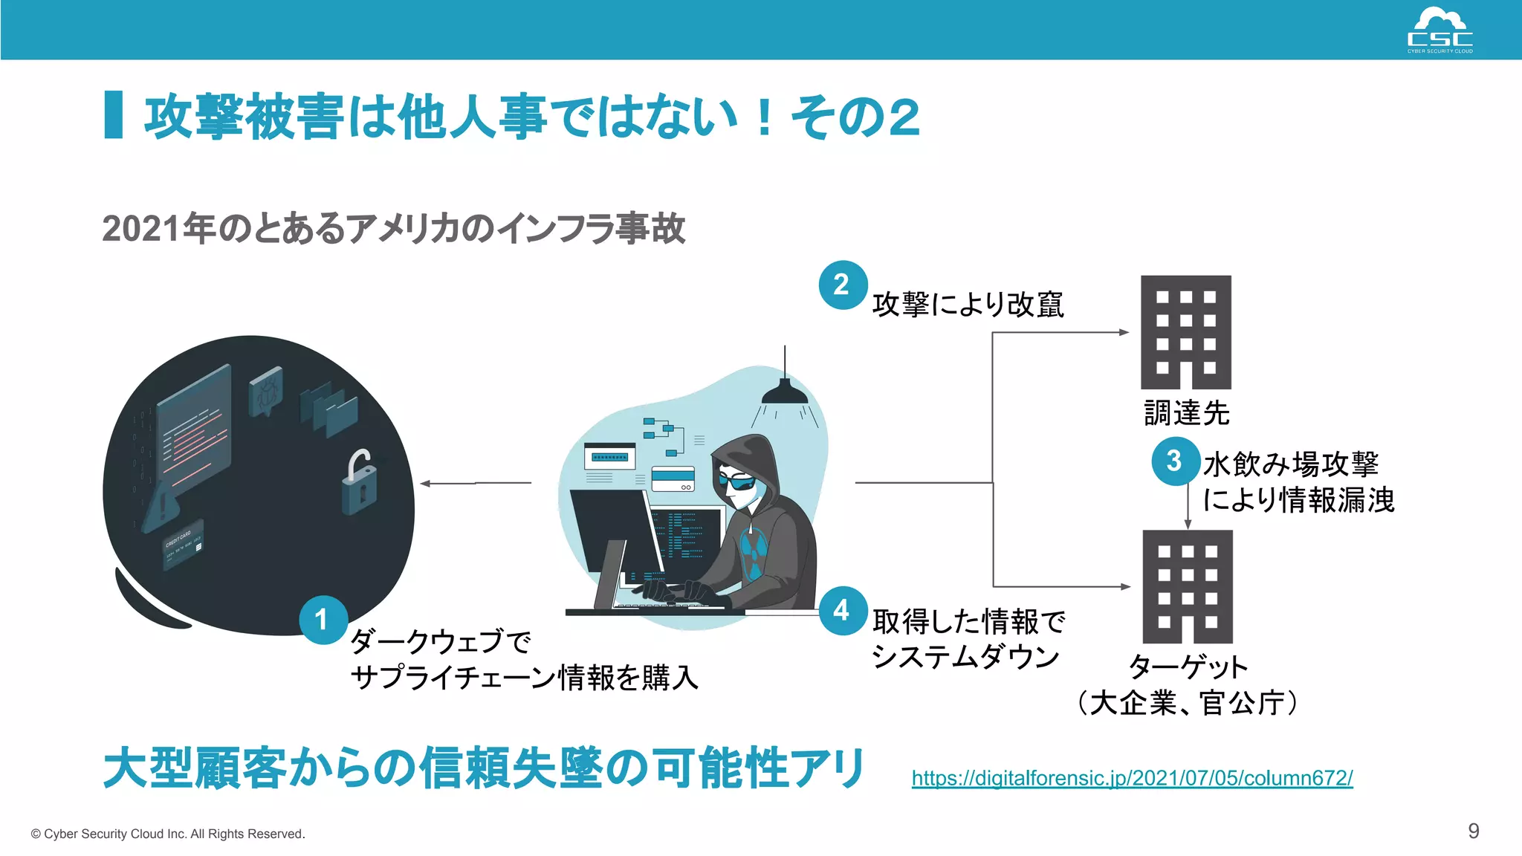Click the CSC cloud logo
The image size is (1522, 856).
point(1440,30)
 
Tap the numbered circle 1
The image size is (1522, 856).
point(323,619)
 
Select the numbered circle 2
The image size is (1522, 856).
point(843,285)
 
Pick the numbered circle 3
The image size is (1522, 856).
point(1175,461)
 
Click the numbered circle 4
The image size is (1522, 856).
point(843,610)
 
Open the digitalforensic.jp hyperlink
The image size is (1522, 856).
point(1132,778)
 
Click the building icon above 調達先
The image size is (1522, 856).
point(1185,332)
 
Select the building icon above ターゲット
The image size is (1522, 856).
point(1187,586)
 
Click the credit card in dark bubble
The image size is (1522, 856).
point(182,544)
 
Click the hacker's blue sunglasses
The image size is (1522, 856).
point(736,482)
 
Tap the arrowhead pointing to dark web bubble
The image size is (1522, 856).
point(425,483)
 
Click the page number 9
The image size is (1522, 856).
point(1473,831)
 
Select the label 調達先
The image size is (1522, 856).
point(1186,413)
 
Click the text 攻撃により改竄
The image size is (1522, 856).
point(968,305)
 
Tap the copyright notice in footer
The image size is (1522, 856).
point(168,834)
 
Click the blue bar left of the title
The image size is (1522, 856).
point(114,114)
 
